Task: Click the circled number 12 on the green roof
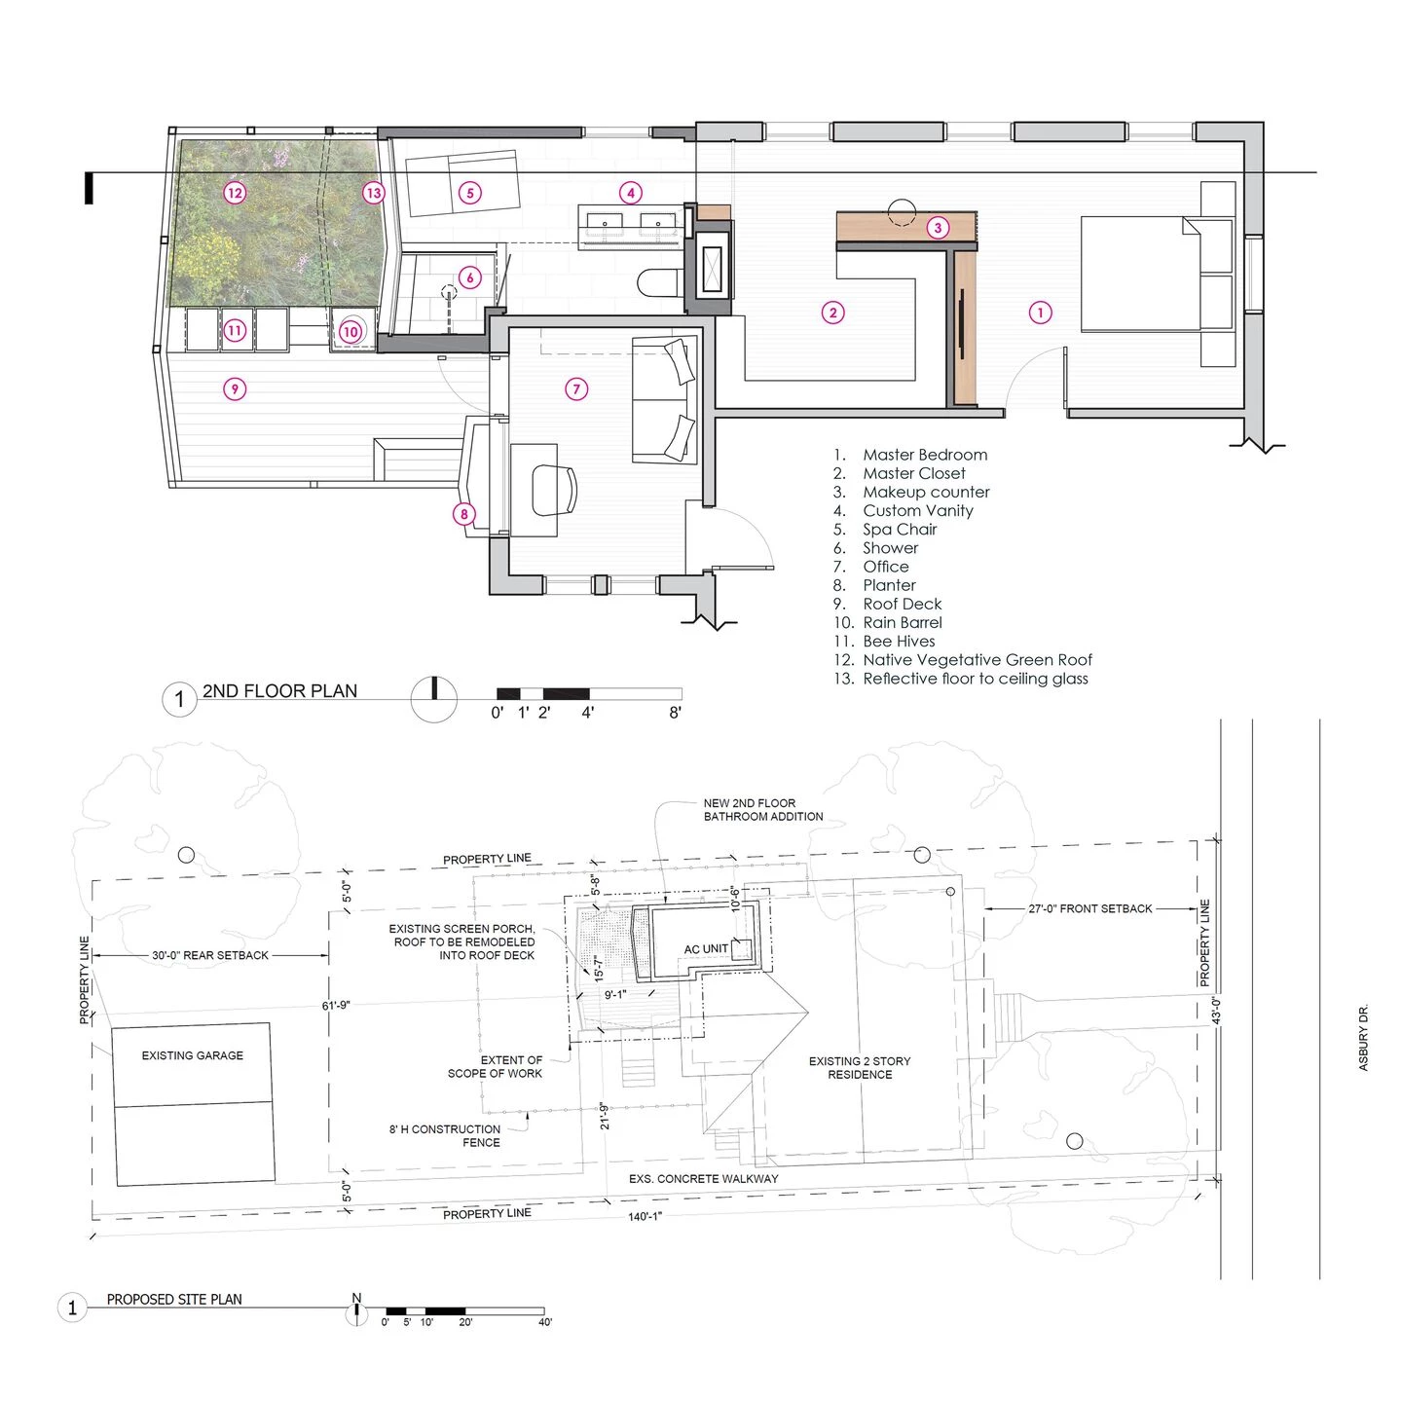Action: click(234, 193)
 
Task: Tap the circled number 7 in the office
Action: click(576, 389)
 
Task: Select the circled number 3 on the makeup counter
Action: click(938, 228)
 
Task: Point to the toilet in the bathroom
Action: click(660, 282)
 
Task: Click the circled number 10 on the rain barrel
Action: click(350, 331)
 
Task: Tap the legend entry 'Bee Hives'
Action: click(898, 642)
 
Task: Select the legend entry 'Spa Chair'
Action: click(899, 530)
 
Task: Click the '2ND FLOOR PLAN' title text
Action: click(279, 691)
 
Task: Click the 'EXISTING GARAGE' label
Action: click(192, 1055)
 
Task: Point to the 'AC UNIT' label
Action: click(705, 949)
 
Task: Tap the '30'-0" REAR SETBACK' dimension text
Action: click(209, 956)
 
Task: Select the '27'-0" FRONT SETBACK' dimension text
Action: click(1089, 908)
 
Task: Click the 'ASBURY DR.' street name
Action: click(1363, 1038)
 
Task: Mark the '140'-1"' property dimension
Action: click(645, 1217)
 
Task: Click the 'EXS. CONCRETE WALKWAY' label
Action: click(703, 1179)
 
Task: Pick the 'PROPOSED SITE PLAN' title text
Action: click(174, 1300)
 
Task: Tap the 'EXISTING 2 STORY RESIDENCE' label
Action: click(860, 1068)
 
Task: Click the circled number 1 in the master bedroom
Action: click(1040, 313)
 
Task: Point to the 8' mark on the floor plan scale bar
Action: click(676, 713)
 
